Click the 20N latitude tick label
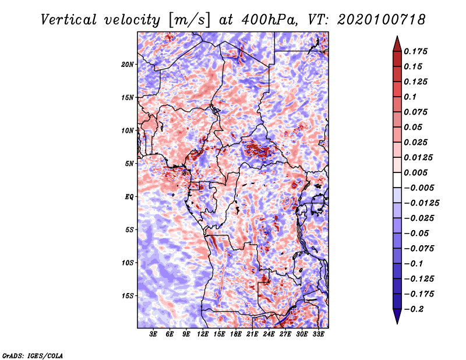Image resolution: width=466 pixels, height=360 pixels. click(128, 65)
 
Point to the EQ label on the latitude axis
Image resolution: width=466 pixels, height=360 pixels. click(129, 197)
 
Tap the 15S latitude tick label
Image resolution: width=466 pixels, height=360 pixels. click(128, 296)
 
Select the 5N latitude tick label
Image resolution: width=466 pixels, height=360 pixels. click(129, 164)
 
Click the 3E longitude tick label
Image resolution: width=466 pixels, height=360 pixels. click(153, 334)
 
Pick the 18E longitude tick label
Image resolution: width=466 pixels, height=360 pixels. click(236, 334)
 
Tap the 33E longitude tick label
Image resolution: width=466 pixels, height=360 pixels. click(318, 334)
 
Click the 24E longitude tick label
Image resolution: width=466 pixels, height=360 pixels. click(269, 334)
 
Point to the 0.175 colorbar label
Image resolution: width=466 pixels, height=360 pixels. click(416, 51)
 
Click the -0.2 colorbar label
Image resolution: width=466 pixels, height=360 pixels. click(414, 309)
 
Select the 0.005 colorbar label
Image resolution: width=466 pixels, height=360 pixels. click(416, 172)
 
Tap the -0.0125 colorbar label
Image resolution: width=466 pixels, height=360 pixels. click(422, 203)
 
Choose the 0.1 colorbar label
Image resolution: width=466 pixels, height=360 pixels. click(410, 97)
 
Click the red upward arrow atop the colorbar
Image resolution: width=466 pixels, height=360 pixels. click(397, 44)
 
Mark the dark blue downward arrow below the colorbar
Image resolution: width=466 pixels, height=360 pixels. click(397, 316)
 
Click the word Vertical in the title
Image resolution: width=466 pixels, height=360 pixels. click(69, 20)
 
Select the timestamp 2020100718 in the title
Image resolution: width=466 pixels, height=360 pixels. click(382, 20)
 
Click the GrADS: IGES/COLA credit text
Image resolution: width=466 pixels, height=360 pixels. click(33, 355)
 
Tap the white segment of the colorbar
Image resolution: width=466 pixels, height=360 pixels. click(397, 180)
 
